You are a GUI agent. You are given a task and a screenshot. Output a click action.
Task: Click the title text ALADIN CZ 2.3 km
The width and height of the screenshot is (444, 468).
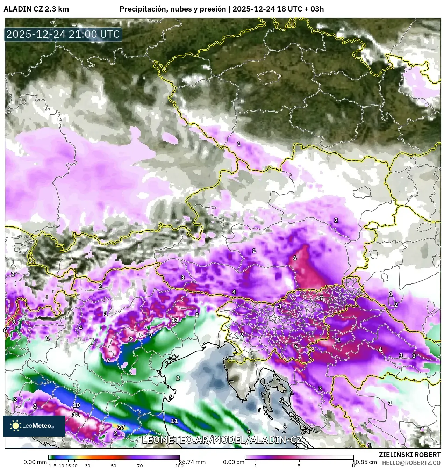tap(36, 9)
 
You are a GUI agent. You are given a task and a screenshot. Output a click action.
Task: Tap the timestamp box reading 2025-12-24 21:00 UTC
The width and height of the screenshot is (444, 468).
tap(63, 34)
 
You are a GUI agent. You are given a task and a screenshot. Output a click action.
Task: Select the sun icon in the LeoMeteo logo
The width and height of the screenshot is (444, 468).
tap(15, 425)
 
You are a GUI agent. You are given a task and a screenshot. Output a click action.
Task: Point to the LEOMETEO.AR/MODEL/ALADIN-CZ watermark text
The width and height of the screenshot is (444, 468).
tap(222, 440)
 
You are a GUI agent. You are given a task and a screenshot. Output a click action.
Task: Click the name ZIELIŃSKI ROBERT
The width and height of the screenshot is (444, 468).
tap(409, 455)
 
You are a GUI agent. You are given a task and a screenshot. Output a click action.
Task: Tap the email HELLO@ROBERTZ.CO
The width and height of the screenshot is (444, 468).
tap(411, 462)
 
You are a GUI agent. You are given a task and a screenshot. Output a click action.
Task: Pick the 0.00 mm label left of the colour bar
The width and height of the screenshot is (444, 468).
tap(35, 462)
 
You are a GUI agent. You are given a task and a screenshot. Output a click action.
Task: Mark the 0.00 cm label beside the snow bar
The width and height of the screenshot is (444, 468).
tap(234, 462)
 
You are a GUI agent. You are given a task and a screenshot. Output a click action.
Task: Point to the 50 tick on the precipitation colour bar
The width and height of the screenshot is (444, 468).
tap(114, 466)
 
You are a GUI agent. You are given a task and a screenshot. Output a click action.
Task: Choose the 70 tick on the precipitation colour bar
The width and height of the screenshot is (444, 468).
tap(140, 466)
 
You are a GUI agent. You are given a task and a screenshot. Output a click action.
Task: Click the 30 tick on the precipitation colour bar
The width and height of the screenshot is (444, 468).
tap(88, 466)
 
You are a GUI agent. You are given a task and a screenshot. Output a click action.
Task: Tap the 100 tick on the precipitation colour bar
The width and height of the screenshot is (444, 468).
tap(179, 466)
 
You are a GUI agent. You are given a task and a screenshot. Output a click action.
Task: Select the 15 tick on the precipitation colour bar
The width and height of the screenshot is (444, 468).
tap(68, 466)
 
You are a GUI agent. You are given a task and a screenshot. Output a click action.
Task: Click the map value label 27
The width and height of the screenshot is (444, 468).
tap(121, 427)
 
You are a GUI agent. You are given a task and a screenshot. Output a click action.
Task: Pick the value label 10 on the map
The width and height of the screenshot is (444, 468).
tap(76, 405)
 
